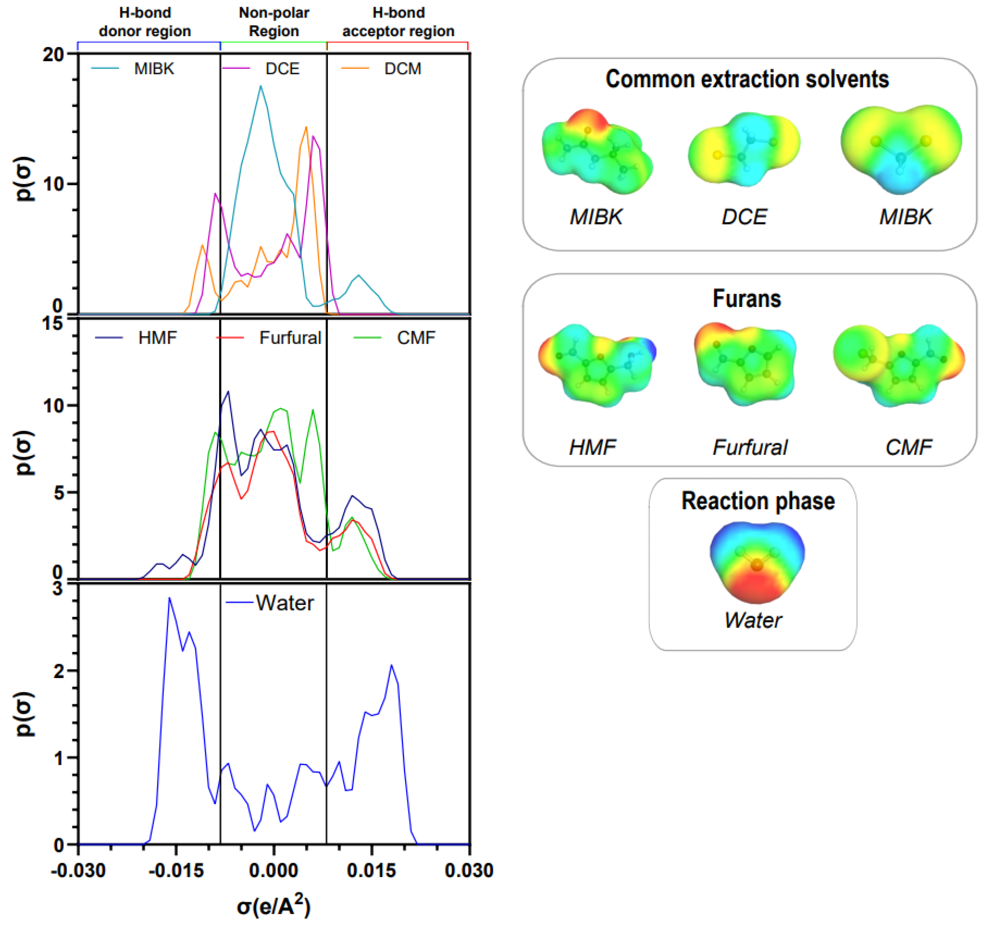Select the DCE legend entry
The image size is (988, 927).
(282, 69)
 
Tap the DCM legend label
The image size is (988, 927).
(402, 69)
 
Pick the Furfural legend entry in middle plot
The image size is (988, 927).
(290, 338)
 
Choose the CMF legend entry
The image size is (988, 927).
(416, 338)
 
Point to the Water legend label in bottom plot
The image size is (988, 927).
(285, 603)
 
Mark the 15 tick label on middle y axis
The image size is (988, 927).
(53, 324)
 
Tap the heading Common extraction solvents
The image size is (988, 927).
(747, 79)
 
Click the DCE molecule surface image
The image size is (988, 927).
(744, 149)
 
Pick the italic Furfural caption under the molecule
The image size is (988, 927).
(750, 447)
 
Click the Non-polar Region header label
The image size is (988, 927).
(274, 22)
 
